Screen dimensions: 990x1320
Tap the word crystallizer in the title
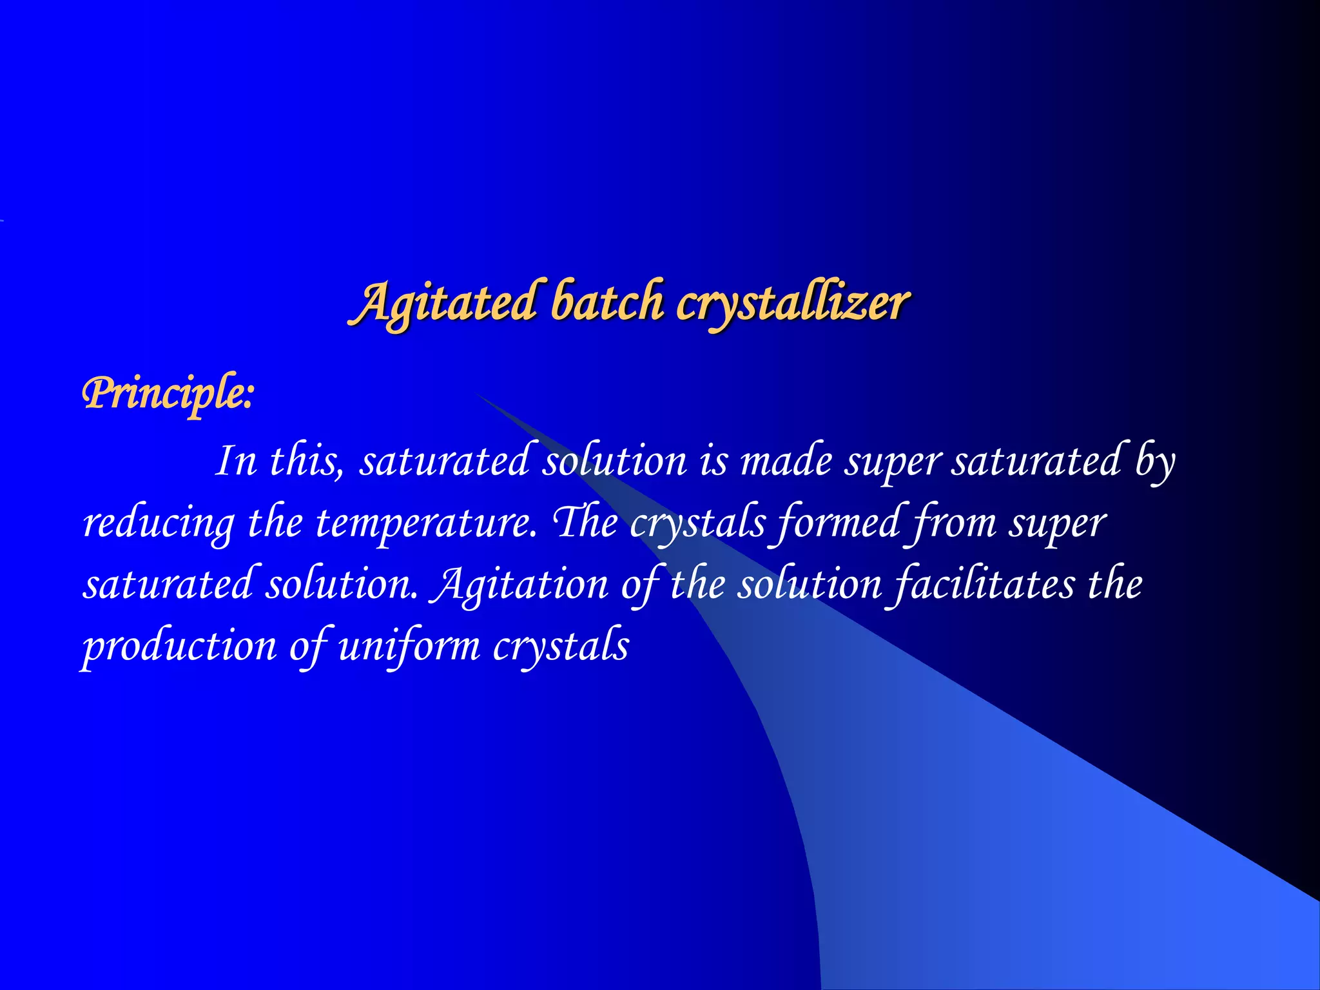point(793,303)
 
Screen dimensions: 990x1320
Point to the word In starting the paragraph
point(236,461)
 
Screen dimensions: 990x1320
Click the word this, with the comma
point(307,461)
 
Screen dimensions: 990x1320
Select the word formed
point(838,522)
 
